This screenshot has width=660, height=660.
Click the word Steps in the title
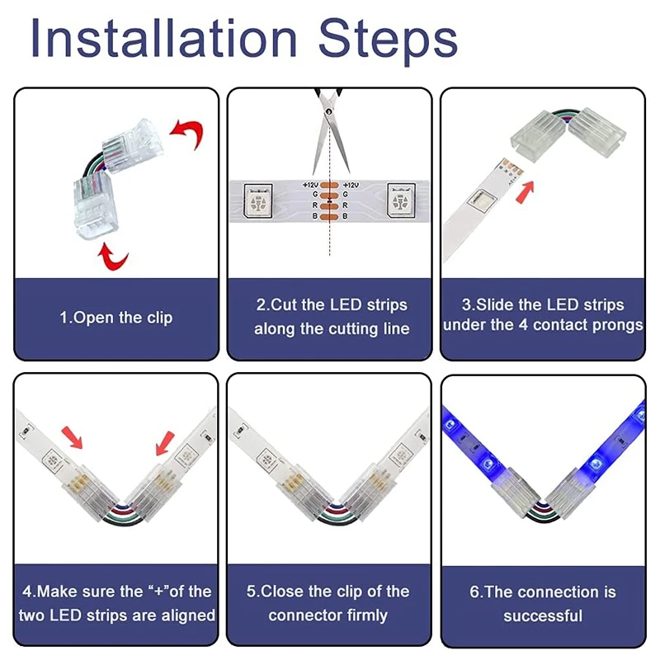[389, 40]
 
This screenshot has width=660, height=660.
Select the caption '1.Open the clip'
[116, 318]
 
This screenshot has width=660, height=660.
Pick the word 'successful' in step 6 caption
[543, 615]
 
